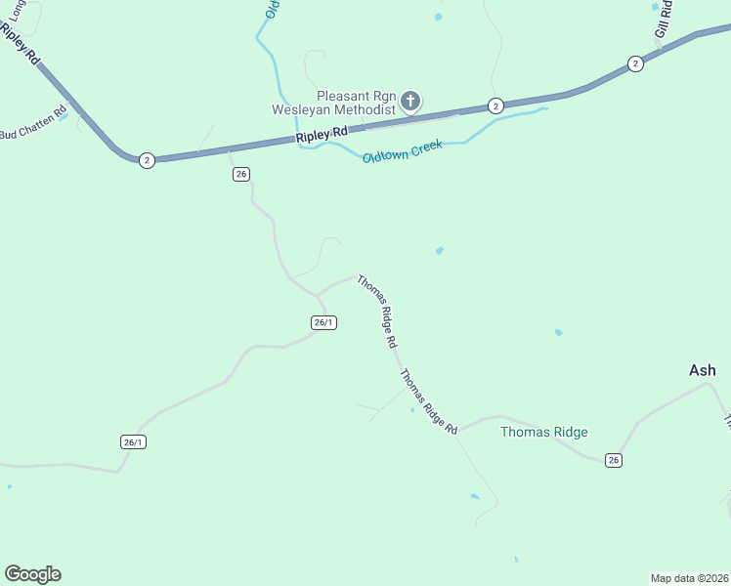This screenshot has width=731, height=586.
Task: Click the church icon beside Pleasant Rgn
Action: [x=410, y=100]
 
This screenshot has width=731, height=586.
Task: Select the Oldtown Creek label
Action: [x=402, y=151]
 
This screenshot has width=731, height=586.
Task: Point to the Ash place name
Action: [x=702, y=370]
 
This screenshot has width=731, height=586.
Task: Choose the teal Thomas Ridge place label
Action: [x=543, y=432]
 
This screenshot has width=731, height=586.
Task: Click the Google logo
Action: [x=32, y=574]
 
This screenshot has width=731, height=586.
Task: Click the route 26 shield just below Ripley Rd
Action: [x=242, y=174]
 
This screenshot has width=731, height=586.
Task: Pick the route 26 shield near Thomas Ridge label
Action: [x=613, y=460]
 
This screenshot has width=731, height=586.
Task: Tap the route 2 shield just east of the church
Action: [x=495, y=105]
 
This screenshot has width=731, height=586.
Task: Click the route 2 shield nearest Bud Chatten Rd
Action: [x=147, y=160]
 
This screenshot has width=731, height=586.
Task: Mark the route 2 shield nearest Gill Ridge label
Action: [x=635, y=63]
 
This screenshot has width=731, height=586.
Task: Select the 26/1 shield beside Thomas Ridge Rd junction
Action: [x=324, y=322]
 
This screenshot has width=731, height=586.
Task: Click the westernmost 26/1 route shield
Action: [x=134, y=441]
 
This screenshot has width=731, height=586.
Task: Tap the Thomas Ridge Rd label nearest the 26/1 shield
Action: [x=376, y=312]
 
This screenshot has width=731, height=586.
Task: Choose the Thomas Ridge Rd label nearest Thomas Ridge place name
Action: [x=428, y=400]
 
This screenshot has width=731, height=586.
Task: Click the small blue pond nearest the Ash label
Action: [x=558, y=332]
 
